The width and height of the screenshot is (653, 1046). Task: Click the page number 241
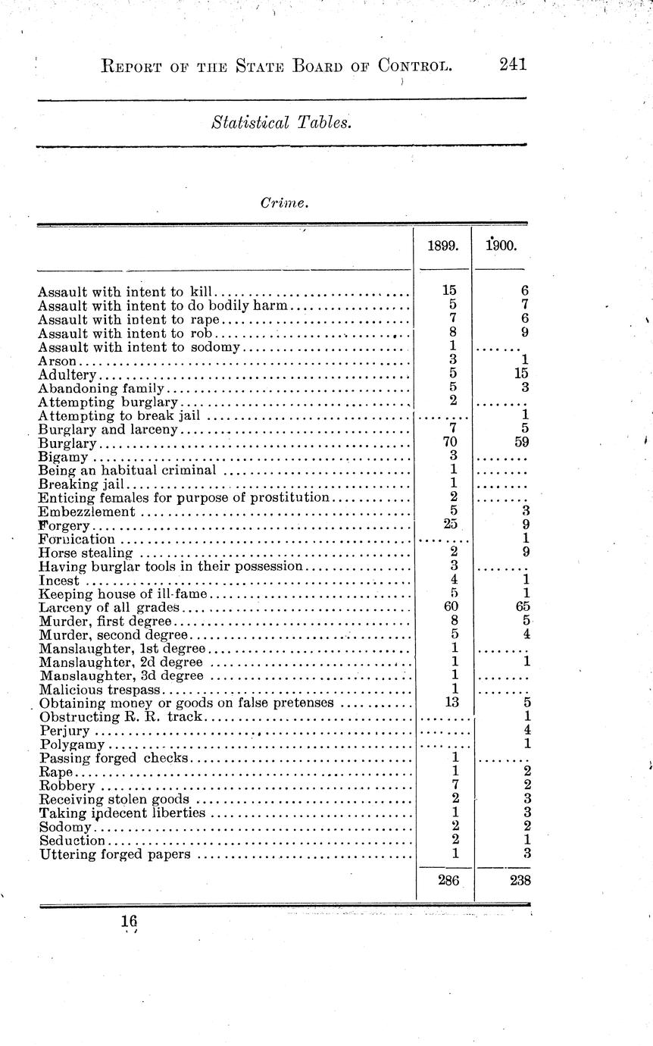(512, 65)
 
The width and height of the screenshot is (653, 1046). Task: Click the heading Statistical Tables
(282, 121)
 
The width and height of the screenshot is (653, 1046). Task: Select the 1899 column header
(444, 246)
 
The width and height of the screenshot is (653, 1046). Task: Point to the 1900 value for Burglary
(520, 443)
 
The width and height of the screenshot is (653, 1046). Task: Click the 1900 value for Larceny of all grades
(520, 606)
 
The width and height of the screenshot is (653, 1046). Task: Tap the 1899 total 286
(448, 881)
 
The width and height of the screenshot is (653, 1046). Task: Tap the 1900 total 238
(519, 881)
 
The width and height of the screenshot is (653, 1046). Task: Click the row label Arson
(57, 361)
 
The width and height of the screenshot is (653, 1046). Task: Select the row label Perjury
(64, 731)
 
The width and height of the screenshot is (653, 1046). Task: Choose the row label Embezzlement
(86, 512)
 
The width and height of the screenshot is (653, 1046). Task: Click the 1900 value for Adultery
(520, 374)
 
